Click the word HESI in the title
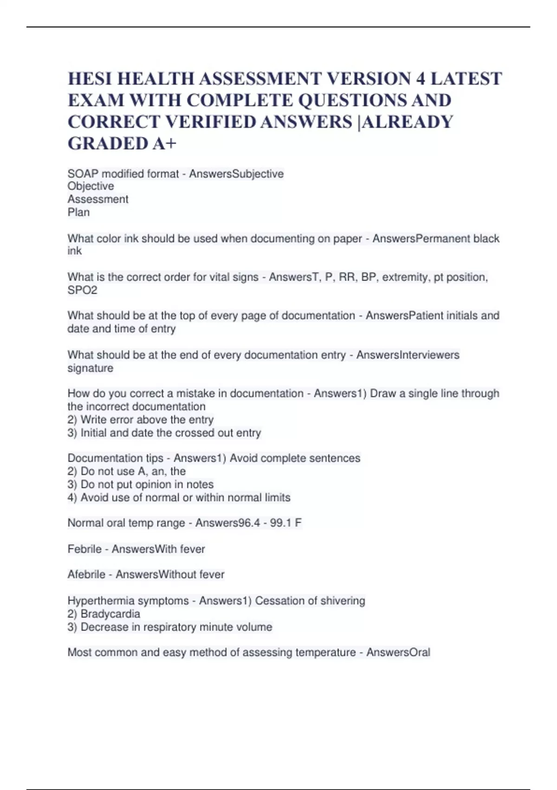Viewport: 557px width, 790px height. click(x=90, y=79)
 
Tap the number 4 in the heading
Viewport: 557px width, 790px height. click(x=420, y=79)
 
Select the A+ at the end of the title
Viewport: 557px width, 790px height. click(x=165, y=144)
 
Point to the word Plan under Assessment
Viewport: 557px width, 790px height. click(x=78, y=212)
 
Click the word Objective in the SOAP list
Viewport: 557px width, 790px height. click(x=91, y=186)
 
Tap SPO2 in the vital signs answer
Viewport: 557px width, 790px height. click(x=82, y=290)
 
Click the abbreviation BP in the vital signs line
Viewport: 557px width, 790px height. click(x=369, y=277)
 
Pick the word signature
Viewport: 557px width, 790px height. click(x=90, y=368)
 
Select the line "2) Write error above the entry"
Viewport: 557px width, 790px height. click(x=140, y=420)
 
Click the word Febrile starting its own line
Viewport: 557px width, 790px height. click(x=84, y=549)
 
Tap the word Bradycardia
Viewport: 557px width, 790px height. click(x=110, y=614)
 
